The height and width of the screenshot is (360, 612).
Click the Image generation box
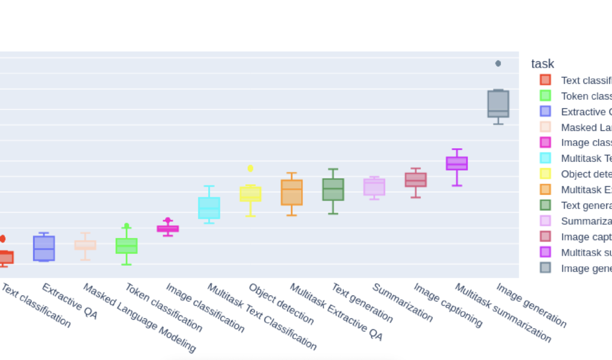point(498,103)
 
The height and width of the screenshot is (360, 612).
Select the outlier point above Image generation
point(498,64)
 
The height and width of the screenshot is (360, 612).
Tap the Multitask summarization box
point(457,163)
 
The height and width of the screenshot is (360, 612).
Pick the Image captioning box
point(416,179)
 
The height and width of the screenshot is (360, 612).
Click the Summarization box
point(374,187)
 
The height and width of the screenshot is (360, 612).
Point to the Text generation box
point(333,189)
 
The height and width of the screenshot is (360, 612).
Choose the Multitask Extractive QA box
point(292,193)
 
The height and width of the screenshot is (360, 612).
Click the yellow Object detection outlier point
point(250,168)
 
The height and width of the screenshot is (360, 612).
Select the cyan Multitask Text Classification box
point(209,208)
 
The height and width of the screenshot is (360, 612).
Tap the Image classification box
point(168,229)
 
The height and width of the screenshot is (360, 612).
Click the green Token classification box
point(127,245)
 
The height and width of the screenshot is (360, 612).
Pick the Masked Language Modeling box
point(85,245)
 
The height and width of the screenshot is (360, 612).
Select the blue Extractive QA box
point(44,248)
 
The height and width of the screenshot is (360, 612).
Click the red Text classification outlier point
point(2,239)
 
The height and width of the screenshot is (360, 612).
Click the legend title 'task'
point(542,64)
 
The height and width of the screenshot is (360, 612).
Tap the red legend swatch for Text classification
point(545,80)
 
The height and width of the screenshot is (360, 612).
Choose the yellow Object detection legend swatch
point(545,174)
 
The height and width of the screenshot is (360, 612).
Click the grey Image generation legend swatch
point(545,268)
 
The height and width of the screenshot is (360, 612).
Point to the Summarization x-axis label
point(403,302)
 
